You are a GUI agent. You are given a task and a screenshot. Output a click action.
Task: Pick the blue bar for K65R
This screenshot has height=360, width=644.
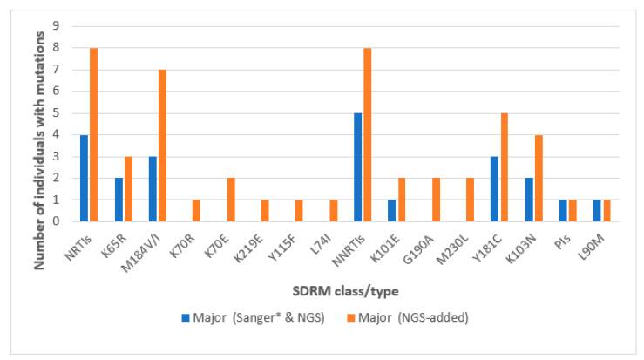pyautogui.click(x=119, y=200)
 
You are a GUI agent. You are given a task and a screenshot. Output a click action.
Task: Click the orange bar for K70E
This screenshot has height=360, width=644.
pyautogui.click(x=231, y=200)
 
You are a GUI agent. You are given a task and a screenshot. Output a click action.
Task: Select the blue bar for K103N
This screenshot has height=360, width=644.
pyautogui.click(x=529, y=200)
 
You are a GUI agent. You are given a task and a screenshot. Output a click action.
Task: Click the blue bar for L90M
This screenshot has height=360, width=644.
pyautogui.click(x=597, y=211)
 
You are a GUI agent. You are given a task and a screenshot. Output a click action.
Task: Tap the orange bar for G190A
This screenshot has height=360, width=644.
pyautogui.click(x=436, y=200)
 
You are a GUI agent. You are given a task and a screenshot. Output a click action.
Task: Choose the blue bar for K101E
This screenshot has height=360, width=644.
pyautogui.click(x=392, y=211)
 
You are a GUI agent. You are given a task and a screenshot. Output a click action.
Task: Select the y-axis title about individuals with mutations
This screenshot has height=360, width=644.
pyautogui.click(x=39, y=124)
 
